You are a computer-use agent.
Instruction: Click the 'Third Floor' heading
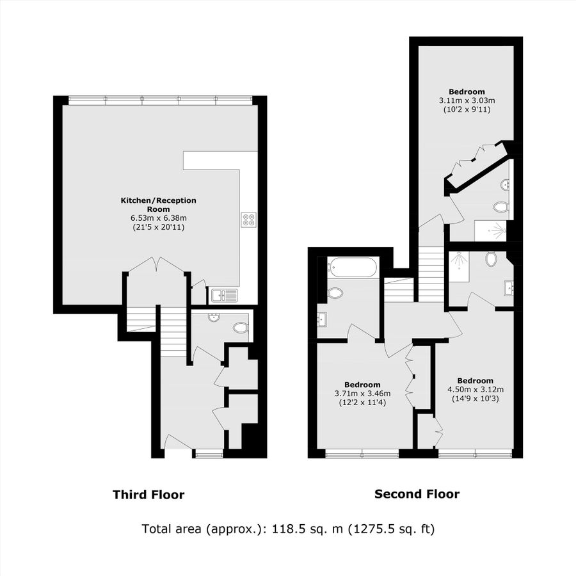point(148,495)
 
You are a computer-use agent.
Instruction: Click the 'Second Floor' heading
point(417,494)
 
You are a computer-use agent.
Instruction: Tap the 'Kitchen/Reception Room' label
point(159,205)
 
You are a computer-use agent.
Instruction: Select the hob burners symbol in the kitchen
point(248,220)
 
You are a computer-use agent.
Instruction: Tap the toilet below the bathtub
point(335,294)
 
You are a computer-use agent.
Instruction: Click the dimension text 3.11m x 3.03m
point(467,100)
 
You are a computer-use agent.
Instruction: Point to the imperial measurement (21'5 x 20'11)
point(159,227)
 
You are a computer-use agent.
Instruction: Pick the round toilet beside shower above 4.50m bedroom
point(492,259)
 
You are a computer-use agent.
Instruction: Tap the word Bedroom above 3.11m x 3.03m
point(467,92)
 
